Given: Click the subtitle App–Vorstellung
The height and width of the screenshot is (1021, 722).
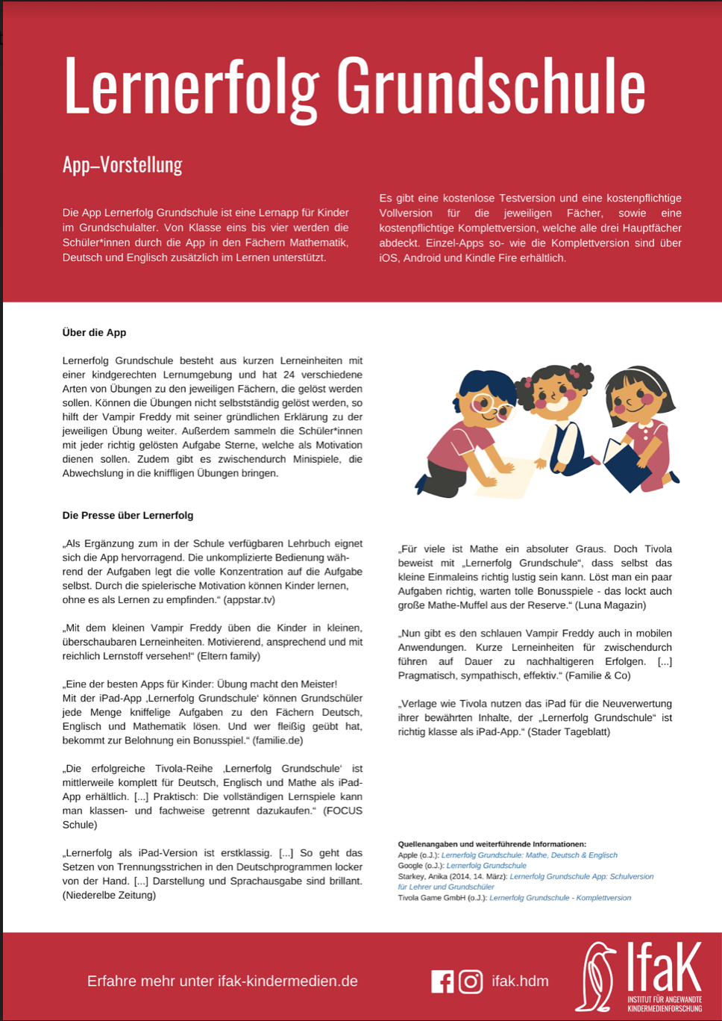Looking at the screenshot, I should click(x=122, y=164).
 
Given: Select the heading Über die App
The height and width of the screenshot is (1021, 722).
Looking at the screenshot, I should click(x=94, y=333).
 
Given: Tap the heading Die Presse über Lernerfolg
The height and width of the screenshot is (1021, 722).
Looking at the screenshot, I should click(x=128, y=516).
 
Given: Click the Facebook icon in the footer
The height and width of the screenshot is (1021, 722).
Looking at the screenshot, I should click(x=442, y=981).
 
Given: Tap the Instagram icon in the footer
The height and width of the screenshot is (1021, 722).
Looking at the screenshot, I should click(x=471, y=981).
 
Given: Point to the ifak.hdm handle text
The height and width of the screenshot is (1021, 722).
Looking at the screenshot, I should click(x=520, y=981).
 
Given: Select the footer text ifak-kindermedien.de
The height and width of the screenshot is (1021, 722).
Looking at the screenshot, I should click(x=288, y=981).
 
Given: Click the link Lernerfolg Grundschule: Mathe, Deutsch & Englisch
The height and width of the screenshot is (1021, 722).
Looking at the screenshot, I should click(x=529, y=855).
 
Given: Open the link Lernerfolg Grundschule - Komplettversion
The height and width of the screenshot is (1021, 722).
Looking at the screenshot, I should click(x=559, y=898).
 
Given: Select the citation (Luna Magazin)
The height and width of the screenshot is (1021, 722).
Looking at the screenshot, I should click(x=609, y=605).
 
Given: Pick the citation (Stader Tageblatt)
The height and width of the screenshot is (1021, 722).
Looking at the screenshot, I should click(x=568, y=732).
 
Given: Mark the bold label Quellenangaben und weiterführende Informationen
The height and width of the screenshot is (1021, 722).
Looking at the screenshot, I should click(x=492, y=844).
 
